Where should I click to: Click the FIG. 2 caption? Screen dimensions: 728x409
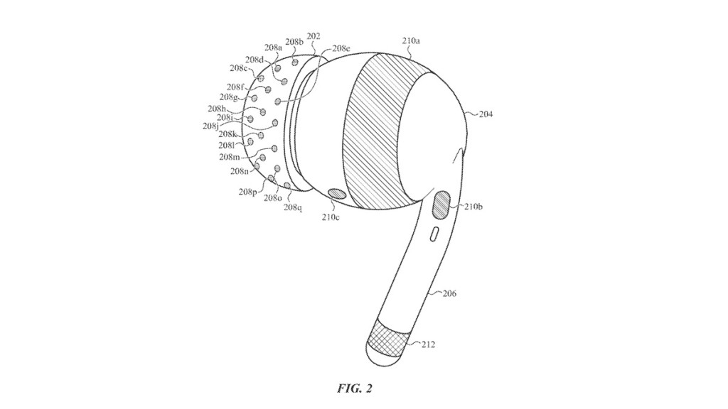355,388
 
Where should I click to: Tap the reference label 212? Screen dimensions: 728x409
428,344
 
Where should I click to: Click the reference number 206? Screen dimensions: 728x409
449,293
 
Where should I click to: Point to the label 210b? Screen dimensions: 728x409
473,207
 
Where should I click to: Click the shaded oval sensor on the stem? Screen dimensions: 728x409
441,205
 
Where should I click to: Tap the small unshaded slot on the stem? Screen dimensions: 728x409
434,234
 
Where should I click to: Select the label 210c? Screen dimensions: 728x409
329,217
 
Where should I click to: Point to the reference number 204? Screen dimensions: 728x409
486,114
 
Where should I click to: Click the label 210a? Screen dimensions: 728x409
411,40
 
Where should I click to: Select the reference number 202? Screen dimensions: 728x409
314,36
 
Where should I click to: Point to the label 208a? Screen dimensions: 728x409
273,48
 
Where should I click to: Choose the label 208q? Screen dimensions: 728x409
293,207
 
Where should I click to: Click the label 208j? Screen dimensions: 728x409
210,126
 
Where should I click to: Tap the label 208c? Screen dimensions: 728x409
239,68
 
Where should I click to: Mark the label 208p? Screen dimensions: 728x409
248,192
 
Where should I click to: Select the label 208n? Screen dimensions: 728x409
240,171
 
